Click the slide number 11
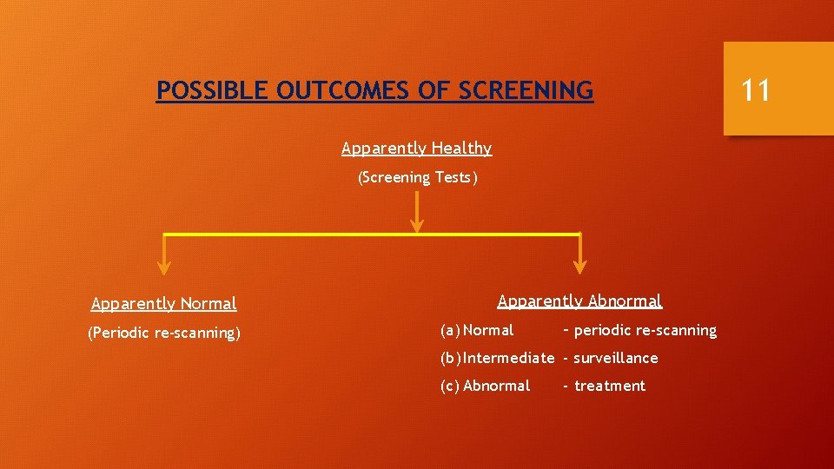click(x=756, y=89)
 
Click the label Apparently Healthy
click(x=416, y=149)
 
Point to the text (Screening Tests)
click(x=417, y=178)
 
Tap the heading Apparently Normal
click(x=163, y=304)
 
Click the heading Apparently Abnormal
click(x=579, y=301)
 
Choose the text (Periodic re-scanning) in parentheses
click(x=163, y=333)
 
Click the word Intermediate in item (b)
click(x=509, y=358)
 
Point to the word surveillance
click(x=616, y=358)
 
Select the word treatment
click(x=610, y=386)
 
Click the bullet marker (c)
click(x=450, y=386)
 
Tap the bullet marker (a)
click(x=450, y=330)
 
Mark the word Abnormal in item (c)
click(x=497, y=386)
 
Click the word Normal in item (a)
click(x=488, y=330)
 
